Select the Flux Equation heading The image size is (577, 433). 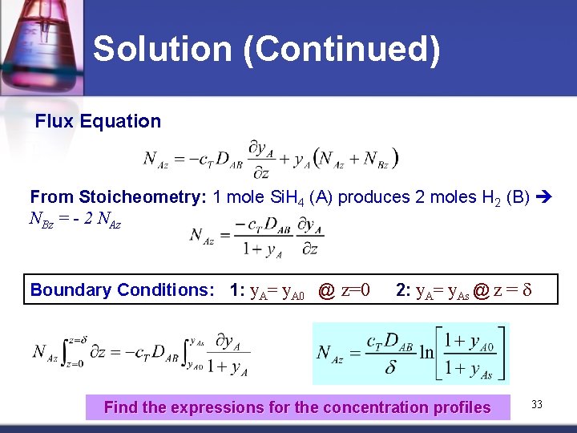[98, 122]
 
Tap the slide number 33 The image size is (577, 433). [536, 405]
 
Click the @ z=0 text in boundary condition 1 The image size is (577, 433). [344, 290]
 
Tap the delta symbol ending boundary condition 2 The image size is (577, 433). [527, 290]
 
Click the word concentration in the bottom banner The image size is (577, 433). [360, 407]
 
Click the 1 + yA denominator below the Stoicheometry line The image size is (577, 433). [262, 249]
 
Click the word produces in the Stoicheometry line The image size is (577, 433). [365, 197]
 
